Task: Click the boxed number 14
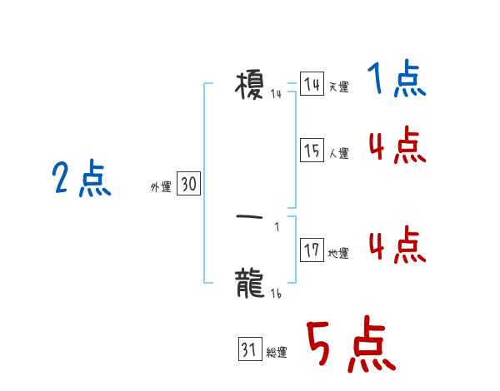click(312, 85)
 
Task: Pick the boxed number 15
click(312, 151)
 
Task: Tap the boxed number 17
click(312, 250)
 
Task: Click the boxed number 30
click(188, 185)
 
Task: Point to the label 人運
click(338, 154)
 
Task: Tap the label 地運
click(338, 254)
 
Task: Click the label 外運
click(161, 188)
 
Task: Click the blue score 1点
click(396, 82)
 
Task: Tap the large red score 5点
click(350, 345)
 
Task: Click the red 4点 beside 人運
click(397, 146)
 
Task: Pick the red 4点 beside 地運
click(397, 245)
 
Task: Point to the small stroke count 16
click(276, 294)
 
